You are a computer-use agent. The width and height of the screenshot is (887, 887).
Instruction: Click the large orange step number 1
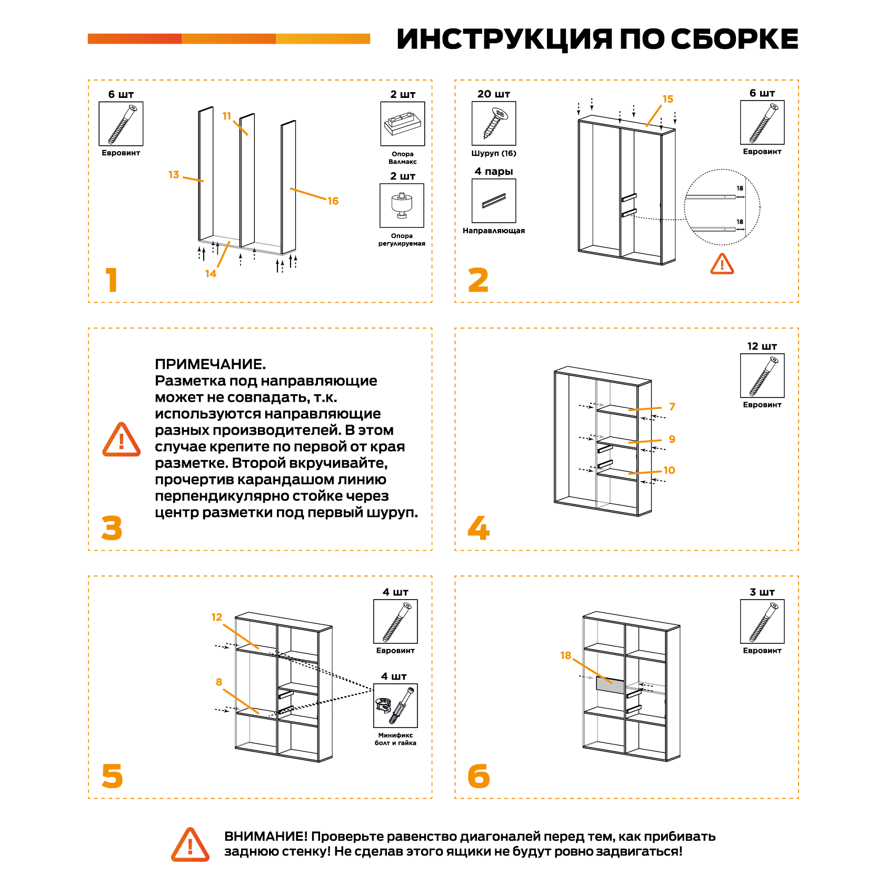[x=112, y=280]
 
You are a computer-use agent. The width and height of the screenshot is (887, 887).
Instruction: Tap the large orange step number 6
[x=479, y=776]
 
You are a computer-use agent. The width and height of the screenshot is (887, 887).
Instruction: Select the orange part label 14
[x=211, y=274]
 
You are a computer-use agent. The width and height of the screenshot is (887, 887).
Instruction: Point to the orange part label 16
[x=333, y=201]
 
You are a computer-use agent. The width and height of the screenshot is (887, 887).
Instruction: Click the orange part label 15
[x=667, y=99]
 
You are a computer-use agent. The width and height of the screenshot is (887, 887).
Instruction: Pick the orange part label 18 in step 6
[x=565, y=655]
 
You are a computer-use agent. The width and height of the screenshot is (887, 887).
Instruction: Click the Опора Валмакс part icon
[x=402, y=124]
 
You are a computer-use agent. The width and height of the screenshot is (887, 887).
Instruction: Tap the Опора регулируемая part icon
[x=402, y=205]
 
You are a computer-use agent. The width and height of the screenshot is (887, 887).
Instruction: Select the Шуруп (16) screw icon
[x=494, y=123]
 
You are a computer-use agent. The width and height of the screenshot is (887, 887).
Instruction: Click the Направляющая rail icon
[x=494, y=201]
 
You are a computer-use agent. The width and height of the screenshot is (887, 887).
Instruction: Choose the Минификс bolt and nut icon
[x=395, y=705]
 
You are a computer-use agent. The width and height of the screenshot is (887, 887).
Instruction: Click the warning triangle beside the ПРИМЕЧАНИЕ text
[x=122, y=440]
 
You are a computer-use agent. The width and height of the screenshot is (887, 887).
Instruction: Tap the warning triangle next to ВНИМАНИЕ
[x=190, y=845]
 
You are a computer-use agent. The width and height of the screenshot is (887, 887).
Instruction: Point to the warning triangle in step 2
[x=722, y=264]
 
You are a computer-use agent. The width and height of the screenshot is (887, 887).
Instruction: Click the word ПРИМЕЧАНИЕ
[x=210, y=364]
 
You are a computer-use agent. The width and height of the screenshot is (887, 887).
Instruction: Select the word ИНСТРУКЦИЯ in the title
[x=504, y=39]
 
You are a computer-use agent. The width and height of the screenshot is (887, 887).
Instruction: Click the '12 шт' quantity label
[x=762, y=346]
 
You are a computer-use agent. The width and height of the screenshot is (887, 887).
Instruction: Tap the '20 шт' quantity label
[x=493, y=94]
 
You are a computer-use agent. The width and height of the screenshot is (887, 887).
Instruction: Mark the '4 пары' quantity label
[x=493, y=172]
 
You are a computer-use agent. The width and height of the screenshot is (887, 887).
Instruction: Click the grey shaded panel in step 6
[x=610, y=685]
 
